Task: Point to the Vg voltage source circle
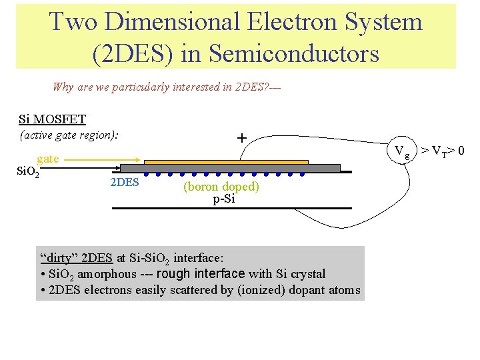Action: point(402,151)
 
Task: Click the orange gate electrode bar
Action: point(226,161)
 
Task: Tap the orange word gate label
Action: point(48,159)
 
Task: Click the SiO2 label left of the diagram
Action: point(27,173)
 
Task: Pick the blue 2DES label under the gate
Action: point(124,181)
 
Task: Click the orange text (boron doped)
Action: point(221,187)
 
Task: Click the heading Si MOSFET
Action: point(52,119)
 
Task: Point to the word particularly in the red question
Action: point(139,87)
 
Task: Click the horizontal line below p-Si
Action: point(231,209)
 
